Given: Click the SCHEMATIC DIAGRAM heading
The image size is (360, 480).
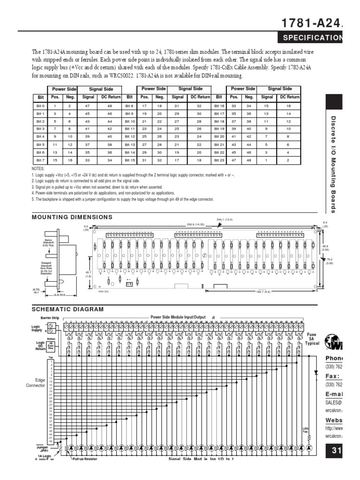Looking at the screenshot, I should pos(67,309).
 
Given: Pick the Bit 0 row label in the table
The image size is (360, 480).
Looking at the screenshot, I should pos(40,106).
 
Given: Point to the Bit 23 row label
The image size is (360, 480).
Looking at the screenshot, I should pos(219,160).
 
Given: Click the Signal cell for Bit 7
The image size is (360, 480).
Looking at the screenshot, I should pos(88,160).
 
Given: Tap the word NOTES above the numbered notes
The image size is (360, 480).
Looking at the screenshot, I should pos(38,168).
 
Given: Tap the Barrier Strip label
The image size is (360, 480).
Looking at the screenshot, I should pos(49,318).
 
